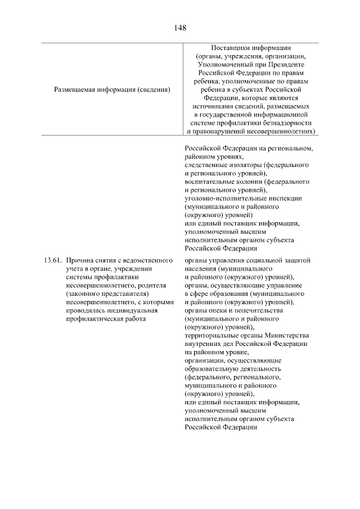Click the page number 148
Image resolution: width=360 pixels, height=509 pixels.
pyautogui.click(x=180, y=27)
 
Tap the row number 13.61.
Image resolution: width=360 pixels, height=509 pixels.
pyautogui.click(x=51, y=260)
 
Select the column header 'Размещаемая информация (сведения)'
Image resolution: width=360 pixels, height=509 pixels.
pyautogui.click(x=112, y=89)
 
